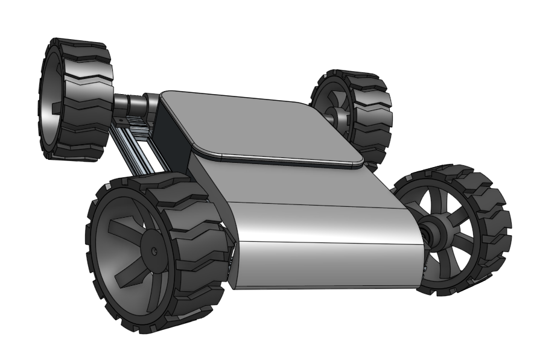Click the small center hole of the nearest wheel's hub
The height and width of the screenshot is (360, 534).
[154, 250]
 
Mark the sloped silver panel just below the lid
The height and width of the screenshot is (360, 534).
[290, 181]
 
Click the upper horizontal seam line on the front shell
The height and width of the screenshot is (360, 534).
[320, 204]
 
